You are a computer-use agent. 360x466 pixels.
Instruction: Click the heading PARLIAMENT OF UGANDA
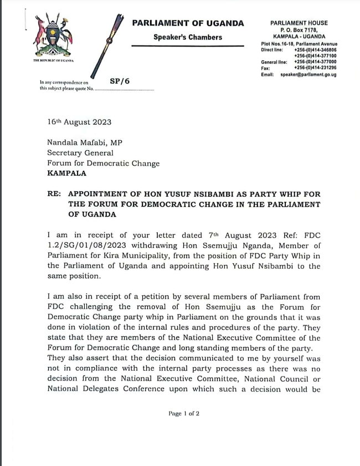188,23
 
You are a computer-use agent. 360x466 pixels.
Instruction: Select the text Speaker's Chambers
188,37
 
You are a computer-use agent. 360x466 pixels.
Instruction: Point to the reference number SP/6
119,81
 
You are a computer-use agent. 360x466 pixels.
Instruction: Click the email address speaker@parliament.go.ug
308,74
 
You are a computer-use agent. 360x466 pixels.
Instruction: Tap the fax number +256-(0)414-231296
315,68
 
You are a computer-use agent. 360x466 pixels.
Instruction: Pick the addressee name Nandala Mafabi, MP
85,142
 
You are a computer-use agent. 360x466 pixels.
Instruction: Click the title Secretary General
80,153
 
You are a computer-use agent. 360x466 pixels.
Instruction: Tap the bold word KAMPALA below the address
66,173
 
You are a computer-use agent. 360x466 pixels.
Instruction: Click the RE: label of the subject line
55,194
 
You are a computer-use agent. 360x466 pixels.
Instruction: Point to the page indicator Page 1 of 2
183,413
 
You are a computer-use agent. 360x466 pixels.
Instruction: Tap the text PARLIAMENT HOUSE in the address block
299,23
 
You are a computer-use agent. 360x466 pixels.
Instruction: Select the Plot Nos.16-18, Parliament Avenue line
299,44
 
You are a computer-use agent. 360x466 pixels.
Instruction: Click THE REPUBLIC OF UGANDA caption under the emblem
53,60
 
